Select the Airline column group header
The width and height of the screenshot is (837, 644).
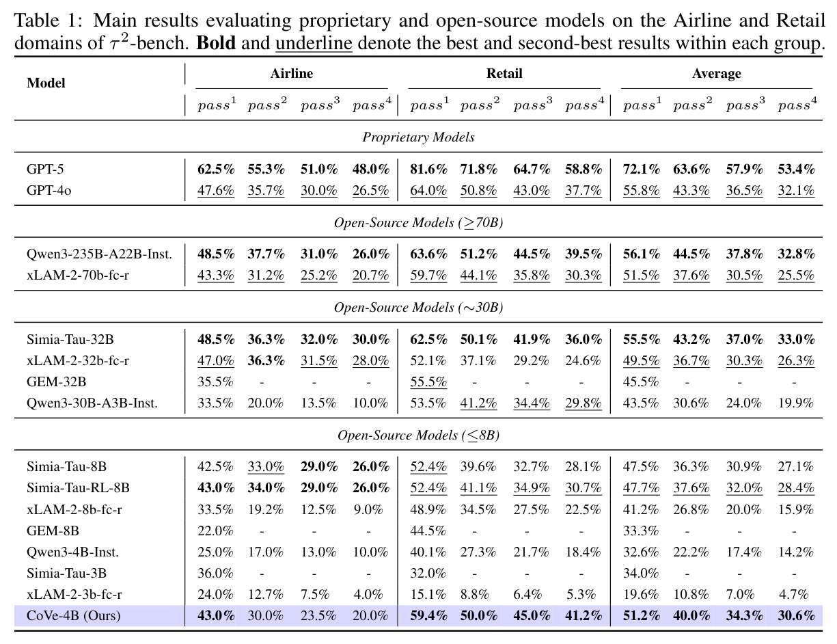tap(292, 73)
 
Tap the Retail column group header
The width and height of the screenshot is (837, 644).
tap(504, 73)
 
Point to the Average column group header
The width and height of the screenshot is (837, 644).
tap(717, 74)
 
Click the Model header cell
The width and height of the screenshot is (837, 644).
tap(46, 83)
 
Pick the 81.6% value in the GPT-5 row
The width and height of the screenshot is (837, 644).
tap(428, 169)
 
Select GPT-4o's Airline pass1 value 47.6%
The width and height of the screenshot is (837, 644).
tap(216, 190)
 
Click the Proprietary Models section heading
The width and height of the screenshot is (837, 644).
tap(418, 137)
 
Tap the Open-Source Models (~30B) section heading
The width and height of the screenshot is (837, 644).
tap(418, 308)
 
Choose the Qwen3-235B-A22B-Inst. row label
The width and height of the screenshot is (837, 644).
tap(99, 254)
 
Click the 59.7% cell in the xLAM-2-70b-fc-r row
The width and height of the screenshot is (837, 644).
tap(428, 276)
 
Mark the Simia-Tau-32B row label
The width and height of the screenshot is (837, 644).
tap(70, 339)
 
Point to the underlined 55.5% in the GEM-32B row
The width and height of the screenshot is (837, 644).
tap(428, 381)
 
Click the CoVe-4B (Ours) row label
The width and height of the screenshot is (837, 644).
tap(74, 615)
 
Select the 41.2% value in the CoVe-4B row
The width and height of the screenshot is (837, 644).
tap(584, 615)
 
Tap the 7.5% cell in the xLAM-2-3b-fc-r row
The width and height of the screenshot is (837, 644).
tap(315, 594)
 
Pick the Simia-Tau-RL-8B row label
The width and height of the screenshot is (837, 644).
tap(78, 488)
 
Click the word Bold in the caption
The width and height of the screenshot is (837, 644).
tap(216, 42)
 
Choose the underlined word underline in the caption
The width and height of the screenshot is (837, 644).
tap(314, 43)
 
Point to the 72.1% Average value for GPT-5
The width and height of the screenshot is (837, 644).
tap(642, 169)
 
